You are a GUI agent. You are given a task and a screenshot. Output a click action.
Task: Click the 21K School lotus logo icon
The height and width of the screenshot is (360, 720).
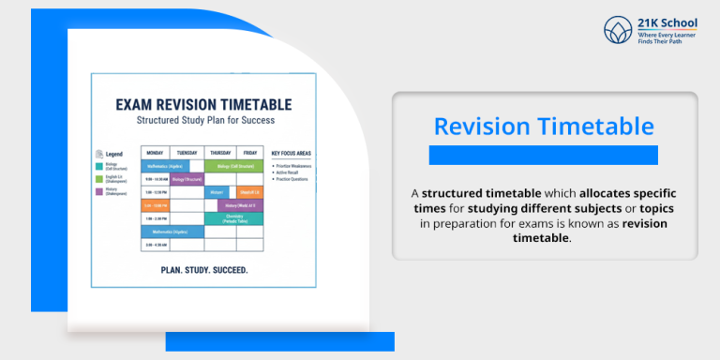point(619,30)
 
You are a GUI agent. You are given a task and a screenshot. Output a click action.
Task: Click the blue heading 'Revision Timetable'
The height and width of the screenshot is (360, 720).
point(544,127)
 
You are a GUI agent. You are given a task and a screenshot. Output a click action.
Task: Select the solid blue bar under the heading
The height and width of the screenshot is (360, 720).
point(544,155)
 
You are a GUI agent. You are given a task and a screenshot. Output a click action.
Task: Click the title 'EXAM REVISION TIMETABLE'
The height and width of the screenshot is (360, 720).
point(203,105)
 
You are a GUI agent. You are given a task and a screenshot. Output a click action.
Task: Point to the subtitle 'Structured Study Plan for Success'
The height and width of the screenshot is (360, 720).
point(203,121)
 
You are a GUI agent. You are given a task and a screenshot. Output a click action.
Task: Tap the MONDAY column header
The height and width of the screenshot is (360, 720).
point(156,152)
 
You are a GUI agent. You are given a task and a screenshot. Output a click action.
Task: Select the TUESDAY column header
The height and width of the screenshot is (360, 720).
point(187,152)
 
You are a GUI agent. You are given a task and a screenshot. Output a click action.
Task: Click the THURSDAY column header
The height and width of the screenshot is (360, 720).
point(220,152)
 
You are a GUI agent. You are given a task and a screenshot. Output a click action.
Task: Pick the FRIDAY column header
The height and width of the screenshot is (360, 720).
point(250,152)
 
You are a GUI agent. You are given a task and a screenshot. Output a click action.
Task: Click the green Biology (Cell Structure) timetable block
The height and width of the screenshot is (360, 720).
point(235,166)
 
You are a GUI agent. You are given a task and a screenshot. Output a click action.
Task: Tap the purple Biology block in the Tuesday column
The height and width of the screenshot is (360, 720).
point(187,179)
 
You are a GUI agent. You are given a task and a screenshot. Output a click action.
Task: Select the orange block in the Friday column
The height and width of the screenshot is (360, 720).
point(250,192)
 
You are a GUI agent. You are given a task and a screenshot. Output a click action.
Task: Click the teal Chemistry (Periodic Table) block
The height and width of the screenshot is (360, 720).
point(235,218)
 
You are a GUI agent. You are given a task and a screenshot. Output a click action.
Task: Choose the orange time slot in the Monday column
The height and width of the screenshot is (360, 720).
point(156,205)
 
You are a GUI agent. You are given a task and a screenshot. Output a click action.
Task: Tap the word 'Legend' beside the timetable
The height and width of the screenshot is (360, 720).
point(113,153)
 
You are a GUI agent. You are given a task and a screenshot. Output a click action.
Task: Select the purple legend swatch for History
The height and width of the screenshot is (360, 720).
point(99,192)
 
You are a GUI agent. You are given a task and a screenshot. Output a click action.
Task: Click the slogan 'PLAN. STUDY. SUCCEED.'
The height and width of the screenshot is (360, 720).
point(203,270)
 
